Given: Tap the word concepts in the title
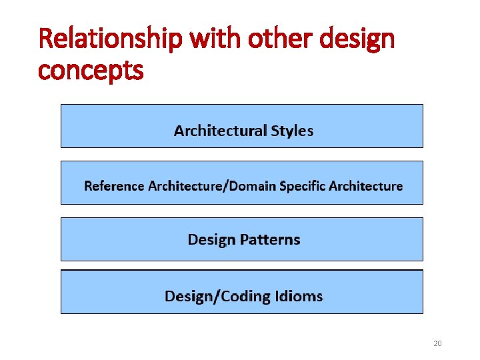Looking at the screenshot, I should (91, 69).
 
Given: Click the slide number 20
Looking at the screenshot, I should (437, 343).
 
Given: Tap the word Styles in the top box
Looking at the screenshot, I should (292, 131).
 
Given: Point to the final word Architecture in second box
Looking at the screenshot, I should (368, 186).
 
